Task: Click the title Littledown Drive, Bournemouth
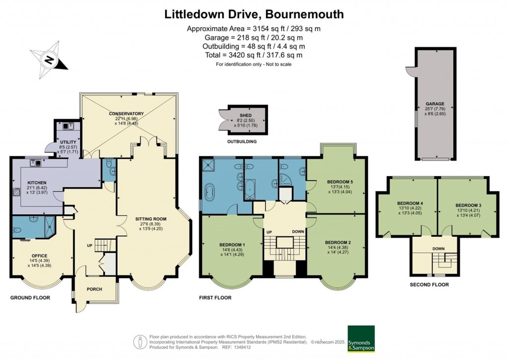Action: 254,14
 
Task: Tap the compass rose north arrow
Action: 49,61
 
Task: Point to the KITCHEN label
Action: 36,182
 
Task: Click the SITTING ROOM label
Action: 150,218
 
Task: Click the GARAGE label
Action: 434,104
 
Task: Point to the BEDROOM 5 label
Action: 336,182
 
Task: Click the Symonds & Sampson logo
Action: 361,339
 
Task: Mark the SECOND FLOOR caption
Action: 429,285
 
